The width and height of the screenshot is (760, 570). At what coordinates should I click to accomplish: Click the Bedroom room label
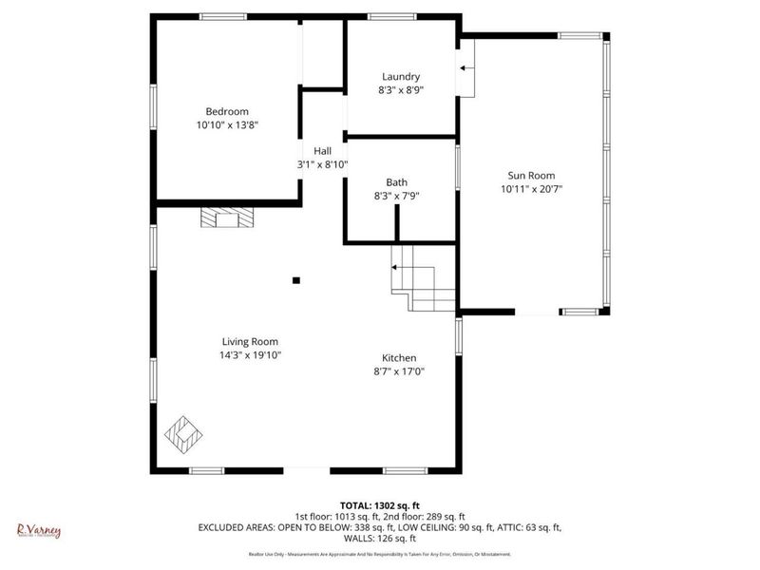coord(227,110)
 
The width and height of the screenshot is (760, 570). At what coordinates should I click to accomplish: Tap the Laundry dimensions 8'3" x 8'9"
coord(401,90)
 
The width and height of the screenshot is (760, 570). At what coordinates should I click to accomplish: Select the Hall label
coord(323,150)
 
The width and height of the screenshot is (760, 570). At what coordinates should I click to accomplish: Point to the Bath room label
coord(396,182)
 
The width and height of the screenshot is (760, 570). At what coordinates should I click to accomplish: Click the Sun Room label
coord(531,175)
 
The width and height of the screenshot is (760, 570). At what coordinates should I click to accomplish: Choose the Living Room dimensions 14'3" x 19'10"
coord(251,355)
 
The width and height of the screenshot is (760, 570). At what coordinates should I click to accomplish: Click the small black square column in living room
coord(296,280)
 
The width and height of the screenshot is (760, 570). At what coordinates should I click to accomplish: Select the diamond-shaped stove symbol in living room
coord(183,433)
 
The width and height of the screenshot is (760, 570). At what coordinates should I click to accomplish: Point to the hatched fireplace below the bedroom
coord(228,219)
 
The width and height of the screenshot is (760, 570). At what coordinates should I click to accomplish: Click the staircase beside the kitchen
coord(424,277)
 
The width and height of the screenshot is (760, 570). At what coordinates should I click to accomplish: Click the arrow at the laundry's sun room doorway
coord(465,67)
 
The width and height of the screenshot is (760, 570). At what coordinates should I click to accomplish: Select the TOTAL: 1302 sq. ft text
coord(380,504)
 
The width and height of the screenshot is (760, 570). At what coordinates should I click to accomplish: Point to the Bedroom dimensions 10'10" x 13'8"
coord(227,124)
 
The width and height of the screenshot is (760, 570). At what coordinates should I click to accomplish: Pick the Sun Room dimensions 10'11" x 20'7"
coord(531,189)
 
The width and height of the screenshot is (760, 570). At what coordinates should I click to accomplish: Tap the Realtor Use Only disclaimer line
coord(379,554)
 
